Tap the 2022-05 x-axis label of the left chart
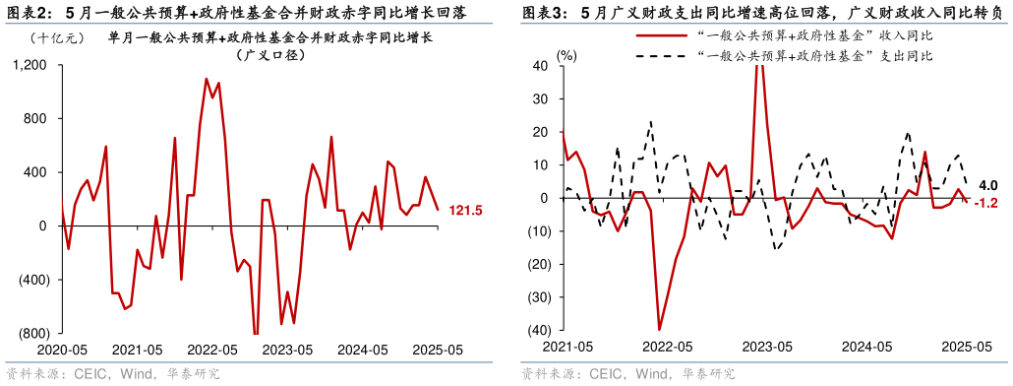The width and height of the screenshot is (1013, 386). pyautogui.click(x=213, y=349)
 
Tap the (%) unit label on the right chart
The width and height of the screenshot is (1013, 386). pyautogui.click(x=567, y=55)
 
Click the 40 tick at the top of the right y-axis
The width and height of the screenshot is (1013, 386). pyautogui.click(x=541, y=66)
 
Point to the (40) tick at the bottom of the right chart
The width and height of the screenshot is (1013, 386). pyautogui.click(x=538, y=330)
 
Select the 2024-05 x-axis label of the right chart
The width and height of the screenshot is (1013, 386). pyautogui.click(x=866, y=347)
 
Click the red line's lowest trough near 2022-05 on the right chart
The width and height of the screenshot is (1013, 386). pyautogui.click(x=659, y=329)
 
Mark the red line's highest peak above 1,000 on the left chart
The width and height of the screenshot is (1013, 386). pyautogui.click(x=206, y=79)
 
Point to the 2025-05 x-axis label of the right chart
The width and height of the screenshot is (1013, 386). pyautogui.click(x=967, y=347)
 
